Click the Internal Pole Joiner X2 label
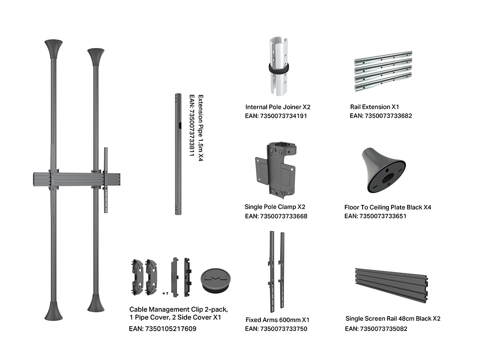pos(278,107)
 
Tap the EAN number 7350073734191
pos(276,116)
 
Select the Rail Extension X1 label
pos(374,107)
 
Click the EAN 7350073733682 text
pos(381,116)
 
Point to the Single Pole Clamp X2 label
pos(275,207)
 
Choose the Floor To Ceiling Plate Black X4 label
pos(388,207)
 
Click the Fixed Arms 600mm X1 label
pos(277,320)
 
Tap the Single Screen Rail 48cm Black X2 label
pos(393,319)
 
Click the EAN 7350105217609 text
pos(163,329)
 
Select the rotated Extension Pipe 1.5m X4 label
pos(200,128)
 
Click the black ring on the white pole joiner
pos(278,68)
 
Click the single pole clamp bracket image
pos(276,170)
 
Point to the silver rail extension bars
pos(384,71)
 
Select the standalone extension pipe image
pos(178,154)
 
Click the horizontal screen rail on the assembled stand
pos(76,180)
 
